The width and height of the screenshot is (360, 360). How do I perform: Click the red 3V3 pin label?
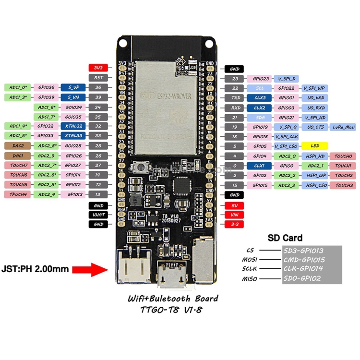tap(98, 68)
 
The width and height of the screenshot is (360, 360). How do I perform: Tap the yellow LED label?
tap(314, 145)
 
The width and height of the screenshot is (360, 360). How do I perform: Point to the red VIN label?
tap(235, 215)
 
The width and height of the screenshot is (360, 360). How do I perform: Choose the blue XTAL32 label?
tap(73, 126)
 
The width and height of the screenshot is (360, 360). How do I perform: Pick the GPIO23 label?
tap(261, 78)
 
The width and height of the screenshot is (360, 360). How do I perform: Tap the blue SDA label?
tap(260, 117)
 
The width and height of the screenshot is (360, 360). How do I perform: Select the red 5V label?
tap(235, 205)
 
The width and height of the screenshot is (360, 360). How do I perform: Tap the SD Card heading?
tap(285, 238)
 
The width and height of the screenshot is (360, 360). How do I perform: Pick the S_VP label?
tap(73, 87)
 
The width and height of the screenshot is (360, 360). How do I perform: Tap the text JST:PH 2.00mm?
tap(35, 269)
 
